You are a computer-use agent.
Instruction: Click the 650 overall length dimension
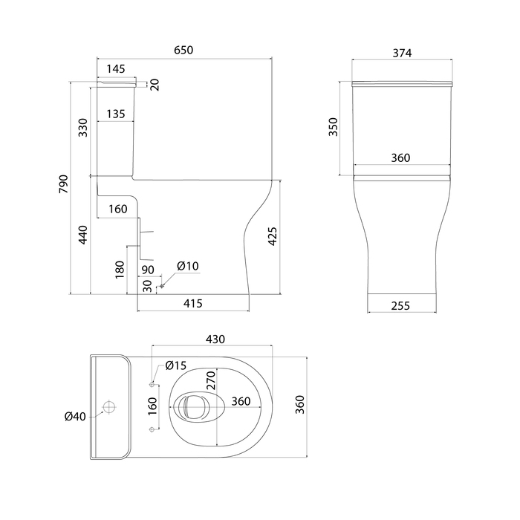point(183,51)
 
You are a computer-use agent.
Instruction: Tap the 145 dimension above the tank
point(115,69)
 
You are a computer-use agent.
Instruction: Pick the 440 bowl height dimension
point(83,234)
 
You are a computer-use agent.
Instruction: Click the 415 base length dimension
point(193,303)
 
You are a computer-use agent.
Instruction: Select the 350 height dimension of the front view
point(334,127)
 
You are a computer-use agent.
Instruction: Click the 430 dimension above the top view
point(215,339)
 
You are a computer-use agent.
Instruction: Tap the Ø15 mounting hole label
point(175,365)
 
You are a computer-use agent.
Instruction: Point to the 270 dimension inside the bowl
point(210,380)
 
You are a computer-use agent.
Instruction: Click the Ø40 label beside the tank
point(75,416)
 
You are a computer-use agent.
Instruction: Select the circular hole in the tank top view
point(110,407)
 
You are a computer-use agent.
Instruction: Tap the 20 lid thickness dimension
point(155,85)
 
